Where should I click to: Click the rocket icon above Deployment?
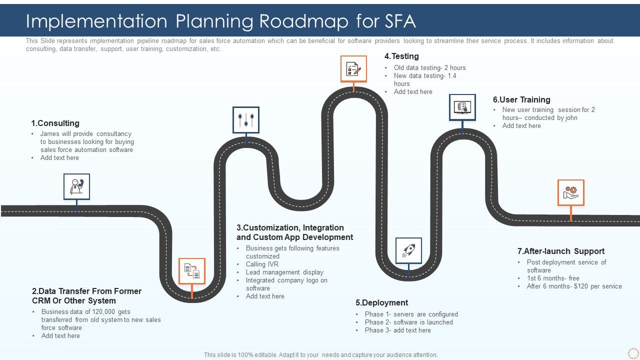[408, 250]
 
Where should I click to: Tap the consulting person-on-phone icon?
[76, 186]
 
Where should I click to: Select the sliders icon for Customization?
[246, 120]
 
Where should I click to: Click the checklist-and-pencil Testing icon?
[353, 68]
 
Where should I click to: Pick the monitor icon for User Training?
[462, 107]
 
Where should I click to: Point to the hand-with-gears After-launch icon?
[570, 192]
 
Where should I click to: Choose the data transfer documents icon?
[192, 271]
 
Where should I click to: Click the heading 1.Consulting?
[55, 123]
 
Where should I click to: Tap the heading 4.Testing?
[401, 56]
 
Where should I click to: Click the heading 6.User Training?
[521, 99]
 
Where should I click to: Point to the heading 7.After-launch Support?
[561, 251]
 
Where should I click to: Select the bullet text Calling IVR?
[262, 264]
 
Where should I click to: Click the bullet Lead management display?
[284, 272]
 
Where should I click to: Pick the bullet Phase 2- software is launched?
[409, 322]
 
